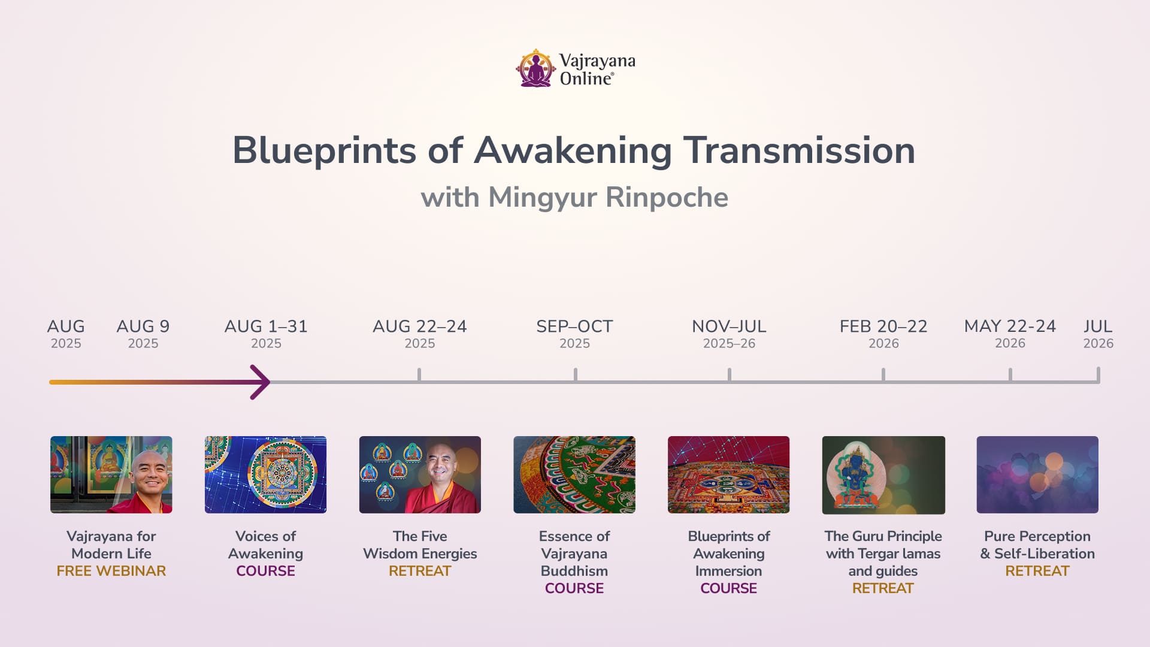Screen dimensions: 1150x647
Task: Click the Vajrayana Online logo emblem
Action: (x=535, y=68)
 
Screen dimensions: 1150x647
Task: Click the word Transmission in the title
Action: (x=799, y=150)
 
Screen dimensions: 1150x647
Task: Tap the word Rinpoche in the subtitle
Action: (x=668, y=197)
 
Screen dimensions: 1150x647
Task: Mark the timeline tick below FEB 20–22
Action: (x=883, y=375)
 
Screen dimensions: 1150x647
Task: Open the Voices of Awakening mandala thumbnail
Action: (x=266, y=474)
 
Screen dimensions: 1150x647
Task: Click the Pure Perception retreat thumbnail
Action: (x=1037, y=474)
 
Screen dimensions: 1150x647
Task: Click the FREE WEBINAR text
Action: (x=111, y=571)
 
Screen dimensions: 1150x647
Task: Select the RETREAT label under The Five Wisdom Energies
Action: (x=420, y=571)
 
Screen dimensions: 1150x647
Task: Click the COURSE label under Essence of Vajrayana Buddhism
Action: (x=574, y=588)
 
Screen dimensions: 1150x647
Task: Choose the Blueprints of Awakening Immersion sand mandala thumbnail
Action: (x=729, y=474)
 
